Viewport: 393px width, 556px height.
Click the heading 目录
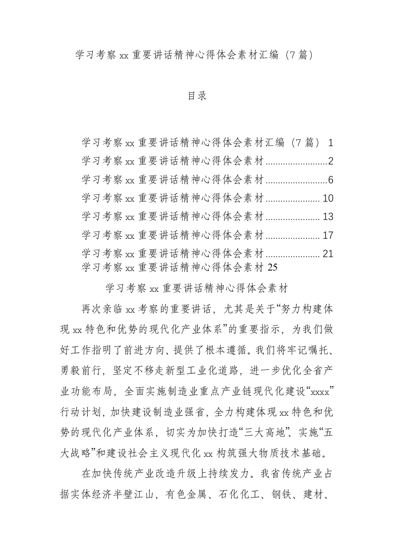[x=197, y=96]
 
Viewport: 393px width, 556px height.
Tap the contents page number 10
[x=328, y=198]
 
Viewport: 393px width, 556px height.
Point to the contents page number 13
[x=328, y=217]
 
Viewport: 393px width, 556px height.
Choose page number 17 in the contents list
[x=328, y=235]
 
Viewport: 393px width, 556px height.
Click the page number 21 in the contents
[x=328, y=254]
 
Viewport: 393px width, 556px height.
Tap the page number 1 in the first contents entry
[x=331, y=143]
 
